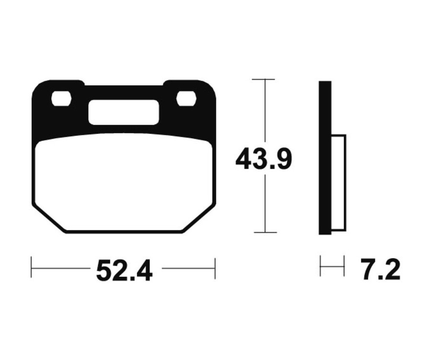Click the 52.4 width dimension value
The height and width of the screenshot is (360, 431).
point(124,270)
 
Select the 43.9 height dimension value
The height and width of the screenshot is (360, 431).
point(263,159)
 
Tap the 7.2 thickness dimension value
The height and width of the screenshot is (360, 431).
point(381,270)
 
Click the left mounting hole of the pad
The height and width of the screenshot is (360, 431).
point(61,99)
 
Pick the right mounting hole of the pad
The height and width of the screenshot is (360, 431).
point(186,99)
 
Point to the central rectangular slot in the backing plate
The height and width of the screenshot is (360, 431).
point(124,112)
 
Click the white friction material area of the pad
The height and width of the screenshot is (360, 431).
point(124,183)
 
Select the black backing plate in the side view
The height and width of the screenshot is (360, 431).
point(325,158)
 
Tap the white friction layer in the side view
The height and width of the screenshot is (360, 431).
point(339,183)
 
